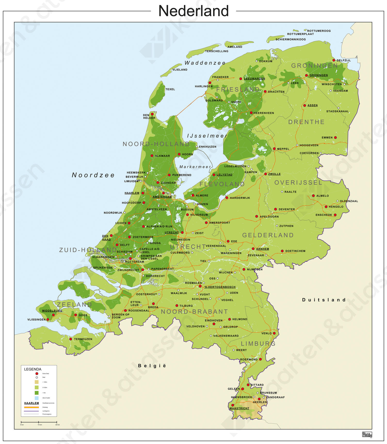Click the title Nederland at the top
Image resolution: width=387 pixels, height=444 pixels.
pos(193,11)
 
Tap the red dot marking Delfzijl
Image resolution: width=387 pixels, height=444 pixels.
pos(334,60)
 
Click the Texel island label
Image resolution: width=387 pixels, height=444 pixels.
pos(170,89)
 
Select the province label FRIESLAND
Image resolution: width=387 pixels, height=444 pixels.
pos(238,89)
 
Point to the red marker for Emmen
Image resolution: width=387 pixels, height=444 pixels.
pos(335,137)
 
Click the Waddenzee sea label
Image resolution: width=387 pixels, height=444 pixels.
pos(205,63)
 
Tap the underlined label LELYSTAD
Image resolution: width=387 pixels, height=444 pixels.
pos(224,175)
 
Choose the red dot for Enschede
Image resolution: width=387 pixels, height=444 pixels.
pos(335,215)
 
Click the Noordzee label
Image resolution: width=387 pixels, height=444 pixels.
pos(93,175)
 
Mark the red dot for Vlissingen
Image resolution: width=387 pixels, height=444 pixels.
pos(48,319)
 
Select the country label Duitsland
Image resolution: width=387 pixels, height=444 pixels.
pos(324,300)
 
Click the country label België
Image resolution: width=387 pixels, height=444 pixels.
pos(152,366)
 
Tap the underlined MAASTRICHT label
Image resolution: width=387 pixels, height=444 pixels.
pos(239,408)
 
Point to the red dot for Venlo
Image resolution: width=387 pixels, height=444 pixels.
pos(274,333)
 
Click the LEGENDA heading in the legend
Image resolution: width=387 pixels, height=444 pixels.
pos(33,369)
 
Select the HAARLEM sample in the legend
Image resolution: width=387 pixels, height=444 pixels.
pos(31,403)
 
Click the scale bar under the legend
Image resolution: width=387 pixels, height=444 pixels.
pos(39,422)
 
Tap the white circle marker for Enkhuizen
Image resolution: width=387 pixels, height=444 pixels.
pos(197,147)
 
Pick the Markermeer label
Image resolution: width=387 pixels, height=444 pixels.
pos(195,167)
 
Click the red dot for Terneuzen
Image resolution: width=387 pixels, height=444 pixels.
pos(71,339)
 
